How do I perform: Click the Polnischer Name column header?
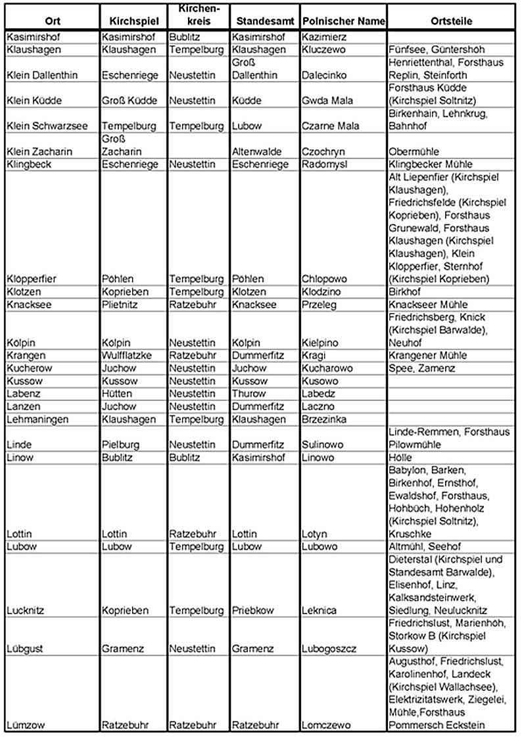coord(343,21)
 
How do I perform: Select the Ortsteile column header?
coord(452,21)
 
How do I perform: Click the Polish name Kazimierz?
coord(324,37)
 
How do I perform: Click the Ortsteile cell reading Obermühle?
coord(412,152)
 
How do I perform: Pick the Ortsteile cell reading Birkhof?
coord(405,291)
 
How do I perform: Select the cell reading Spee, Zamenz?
coord(422,368)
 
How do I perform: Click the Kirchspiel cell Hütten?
coord(118,394)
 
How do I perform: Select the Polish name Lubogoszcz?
coord(329,649)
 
